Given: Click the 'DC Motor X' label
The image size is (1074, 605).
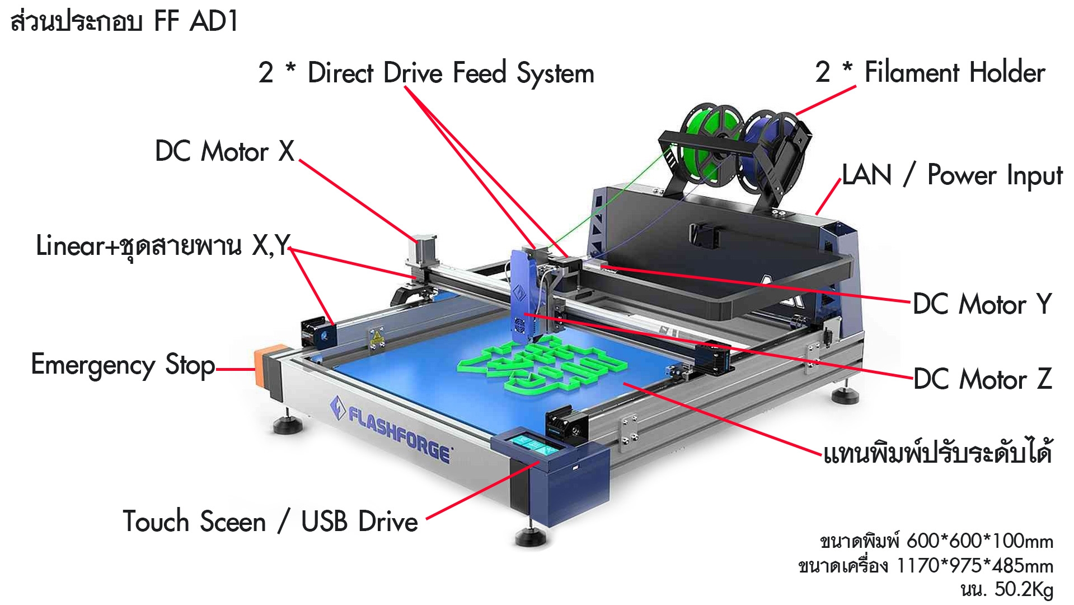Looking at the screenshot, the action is tap(224, 151).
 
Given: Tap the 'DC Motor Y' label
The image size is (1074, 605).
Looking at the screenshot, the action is tap(982, 304).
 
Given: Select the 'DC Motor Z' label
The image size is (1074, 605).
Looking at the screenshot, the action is tap(983, 379).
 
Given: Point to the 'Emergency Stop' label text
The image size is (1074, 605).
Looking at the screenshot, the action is tap(123, 365).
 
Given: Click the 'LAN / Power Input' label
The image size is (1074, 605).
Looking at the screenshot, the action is tap(952, 175).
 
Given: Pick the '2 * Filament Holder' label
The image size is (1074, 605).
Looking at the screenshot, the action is tap(930, 72).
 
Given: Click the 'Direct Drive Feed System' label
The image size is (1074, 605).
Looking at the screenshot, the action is tap(451, 73).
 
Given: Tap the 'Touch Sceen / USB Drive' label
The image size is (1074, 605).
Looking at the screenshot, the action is tap(270, 522).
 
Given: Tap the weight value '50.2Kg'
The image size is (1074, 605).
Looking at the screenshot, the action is tap(1024, 589).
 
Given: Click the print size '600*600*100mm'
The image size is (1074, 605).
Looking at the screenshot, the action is tap(980, 541).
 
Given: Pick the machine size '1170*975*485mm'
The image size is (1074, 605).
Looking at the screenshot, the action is tap(975, 566).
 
